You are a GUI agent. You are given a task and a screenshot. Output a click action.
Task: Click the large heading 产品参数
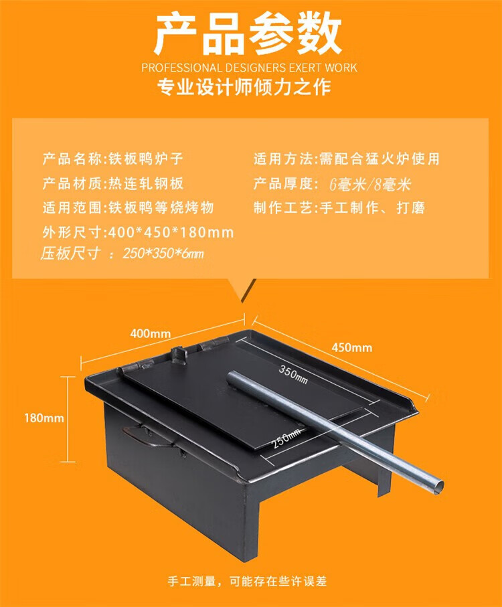point(248,33)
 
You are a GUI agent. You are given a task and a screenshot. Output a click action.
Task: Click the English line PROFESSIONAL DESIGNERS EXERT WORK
point(249,68)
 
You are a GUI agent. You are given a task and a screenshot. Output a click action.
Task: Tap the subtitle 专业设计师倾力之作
point(244,87)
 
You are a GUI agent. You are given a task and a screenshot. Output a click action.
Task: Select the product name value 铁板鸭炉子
point(145,159)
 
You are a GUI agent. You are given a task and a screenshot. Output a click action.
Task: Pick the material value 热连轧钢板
point(145,183)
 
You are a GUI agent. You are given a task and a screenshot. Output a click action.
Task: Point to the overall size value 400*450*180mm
point(171,233)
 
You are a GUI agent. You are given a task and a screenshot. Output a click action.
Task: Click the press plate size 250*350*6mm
point(163,254)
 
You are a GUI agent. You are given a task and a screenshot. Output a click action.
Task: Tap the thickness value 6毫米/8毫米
point(369,184)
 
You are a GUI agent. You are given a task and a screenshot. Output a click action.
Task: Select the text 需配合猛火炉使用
point(380,159)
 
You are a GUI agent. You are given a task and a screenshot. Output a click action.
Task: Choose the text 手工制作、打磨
point(372,208)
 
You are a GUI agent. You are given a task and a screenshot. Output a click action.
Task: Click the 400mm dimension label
point(150,333)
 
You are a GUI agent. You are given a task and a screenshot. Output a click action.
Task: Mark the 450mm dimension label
point(352,347)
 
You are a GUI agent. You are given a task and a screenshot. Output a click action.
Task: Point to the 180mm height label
point(44,418)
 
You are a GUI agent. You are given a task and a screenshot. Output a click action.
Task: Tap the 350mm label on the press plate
point(293,374)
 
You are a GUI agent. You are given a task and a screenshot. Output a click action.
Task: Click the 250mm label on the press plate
point(286,438)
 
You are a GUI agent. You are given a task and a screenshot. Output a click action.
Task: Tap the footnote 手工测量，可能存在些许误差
point(248,581)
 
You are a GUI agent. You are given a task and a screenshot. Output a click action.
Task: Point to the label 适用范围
point(72,208)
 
